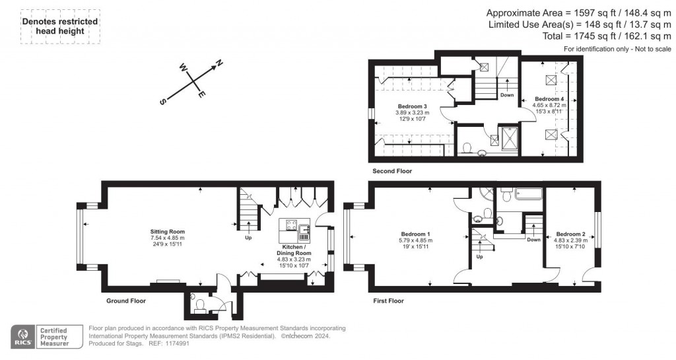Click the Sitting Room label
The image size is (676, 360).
click(167, 232)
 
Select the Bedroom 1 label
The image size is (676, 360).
click(415, 234)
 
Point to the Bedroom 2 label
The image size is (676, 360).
click(570, 234)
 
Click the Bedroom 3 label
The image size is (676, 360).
click(412, 106)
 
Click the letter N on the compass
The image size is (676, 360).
click(220, 63)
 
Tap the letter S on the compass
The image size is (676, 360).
click(162, 102)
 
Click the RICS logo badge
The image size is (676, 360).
click(22, 336)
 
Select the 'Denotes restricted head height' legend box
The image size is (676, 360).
click(60, 26)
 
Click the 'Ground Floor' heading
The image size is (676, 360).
click(126, 301)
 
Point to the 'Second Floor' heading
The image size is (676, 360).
click(392, 171)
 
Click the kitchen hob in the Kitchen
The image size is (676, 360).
click(288, 228)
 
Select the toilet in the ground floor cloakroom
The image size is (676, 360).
click(199, 304)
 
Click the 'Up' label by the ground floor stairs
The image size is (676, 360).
click(248, 236)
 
